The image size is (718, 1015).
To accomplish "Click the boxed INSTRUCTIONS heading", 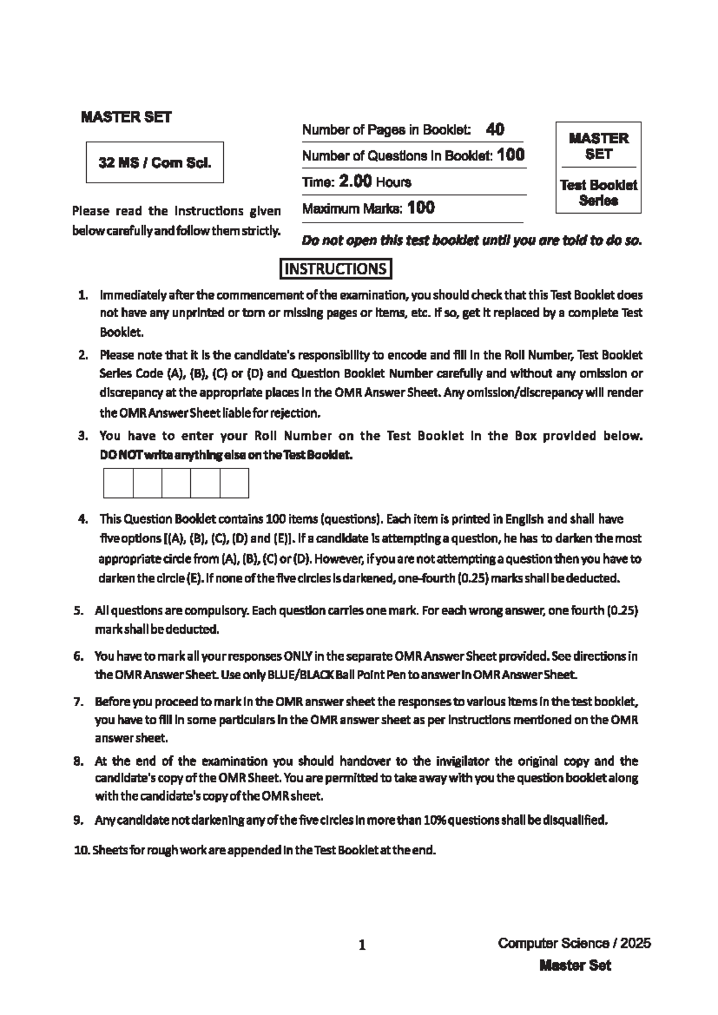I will [x=336, y=269].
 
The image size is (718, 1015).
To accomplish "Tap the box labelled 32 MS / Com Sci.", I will [x=155, y=162].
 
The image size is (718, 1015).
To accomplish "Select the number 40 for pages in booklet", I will [x=495, y=129].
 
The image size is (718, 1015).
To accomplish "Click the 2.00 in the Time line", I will [x=355, y=181].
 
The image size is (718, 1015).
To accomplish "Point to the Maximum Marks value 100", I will [x=421, y=208].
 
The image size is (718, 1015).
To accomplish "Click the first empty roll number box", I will [x=118, y=483].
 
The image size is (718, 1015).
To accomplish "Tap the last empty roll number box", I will [x=234, y=483].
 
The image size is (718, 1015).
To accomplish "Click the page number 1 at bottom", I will [x=361, y=946].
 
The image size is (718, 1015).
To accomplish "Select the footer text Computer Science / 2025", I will [x=574, y=944].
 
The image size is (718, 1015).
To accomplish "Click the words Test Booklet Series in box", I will [x=598, y=193].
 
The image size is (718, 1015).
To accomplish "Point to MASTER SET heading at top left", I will [x=126, y=117].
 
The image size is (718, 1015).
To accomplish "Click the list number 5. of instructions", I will [x=78, y=611].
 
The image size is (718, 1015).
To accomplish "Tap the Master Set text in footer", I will [x=575, y=965].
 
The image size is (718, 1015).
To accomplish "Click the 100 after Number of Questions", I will [x=511, y=155].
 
